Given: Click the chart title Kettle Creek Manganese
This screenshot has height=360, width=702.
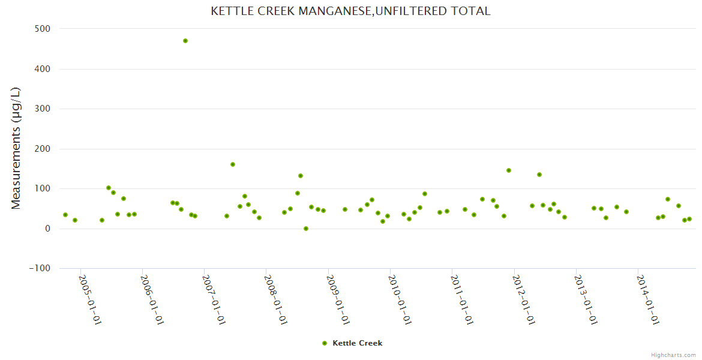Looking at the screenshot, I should point(350,11).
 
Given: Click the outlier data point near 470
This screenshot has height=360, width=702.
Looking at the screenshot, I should point(185,41).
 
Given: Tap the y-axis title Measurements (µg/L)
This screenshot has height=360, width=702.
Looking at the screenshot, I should point(16,148).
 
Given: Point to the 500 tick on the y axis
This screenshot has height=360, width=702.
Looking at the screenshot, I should point(42,29).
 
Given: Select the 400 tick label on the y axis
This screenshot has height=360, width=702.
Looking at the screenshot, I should point(42,69).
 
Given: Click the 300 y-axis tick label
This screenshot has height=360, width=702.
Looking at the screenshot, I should point(42,109).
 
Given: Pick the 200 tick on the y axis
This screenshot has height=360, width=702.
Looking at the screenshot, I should point(42,149).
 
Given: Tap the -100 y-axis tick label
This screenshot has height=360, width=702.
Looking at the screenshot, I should point(40,268).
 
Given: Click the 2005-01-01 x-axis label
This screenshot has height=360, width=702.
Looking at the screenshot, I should point(91,299).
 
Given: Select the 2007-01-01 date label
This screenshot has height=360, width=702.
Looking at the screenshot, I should point(214,299).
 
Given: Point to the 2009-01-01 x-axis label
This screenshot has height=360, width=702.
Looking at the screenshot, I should point(338,299).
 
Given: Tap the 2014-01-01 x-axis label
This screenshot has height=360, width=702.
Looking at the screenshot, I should point(648,299).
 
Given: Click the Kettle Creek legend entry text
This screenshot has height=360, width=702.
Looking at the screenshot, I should point(357,343).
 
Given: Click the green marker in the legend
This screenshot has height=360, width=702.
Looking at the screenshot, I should point(325,343).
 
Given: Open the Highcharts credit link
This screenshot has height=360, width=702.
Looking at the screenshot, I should point(673,355).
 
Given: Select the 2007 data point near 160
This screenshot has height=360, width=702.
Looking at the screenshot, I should point(233,164).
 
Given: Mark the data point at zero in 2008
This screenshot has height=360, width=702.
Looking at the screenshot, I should point(306,229).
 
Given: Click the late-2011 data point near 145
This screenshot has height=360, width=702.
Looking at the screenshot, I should point(509,170).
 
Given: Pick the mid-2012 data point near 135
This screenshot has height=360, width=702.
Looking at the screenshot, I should point(539,175).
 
